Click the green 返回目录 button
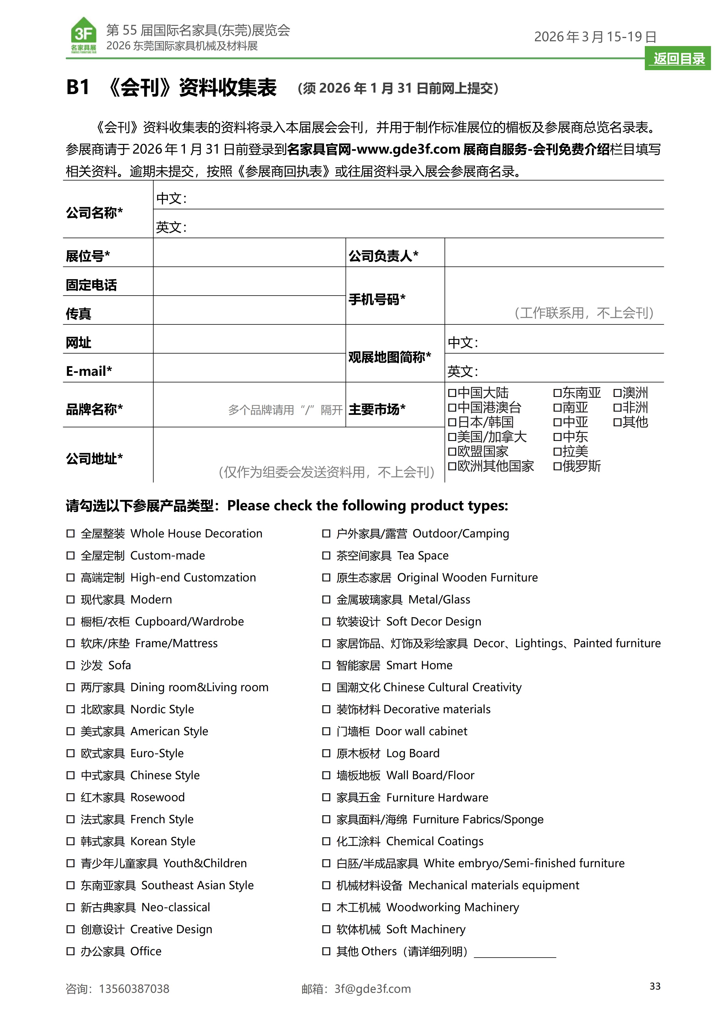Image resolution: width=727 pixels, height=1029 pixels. click(x=679, y=59)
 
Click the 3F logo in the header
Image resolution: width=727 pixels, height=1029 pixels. click(x=84, y=35)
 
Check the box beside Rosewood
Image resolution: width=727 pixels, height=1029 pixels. click(x=70, y=797)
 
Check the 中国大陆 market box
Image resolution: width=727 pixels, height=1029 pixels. click(x=452, y=393)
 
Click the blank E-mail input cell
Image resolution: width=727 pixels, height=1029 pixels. click(x=249, y=368)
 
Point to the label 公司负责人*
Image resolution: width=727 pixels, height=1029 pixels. click(x=383, y=256)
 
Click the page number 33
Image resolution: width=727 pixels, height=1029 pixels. click(x=655, y=986)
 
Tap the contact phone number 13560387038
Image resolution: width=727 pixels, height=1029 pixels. click(x=134, y=989)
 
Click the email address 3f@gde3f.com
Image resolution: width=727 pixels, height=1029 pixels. click(x=373, y=989)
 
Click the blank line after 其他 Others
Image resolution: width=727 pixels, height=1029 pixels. click(x=515, y=952)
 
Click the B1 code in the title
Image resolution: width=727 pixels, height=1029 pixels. click(x=78, y=87)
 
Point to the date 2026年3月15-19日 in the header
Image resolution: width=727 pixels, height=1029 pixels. click(x=595, y=37)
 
